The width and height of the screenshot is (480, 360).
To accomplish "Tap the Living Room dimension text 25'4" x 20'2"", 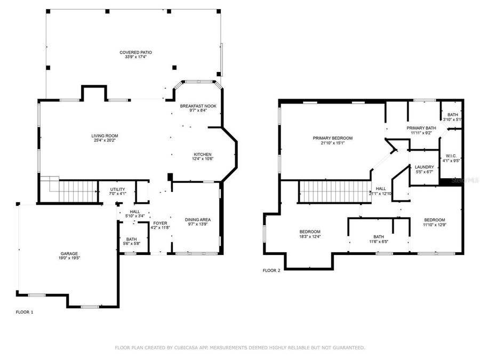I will [x=104, y=141].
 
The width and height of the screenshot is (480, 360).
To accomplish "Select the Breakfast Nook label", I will [x=198, y=106].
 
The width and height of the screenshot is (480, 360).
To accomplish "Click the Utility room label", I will [x=117, y=189].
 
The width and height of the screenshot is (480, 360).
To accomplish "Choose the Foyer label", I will [x=160, y=223].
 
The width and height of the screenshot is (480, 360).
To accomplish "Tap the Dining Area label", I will [x=198, y=220].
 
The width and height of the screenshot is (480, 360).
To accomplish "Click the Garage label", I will [x=69, y=253].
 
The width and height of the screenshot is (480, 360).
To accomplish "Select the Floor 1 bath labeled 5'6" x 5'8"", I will [x=131, y=239].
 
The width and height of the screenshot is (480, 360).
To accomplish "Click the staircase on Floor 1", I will [x=77, y=191].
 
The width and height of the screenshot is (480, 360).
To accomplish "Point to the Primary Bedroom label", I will [x=333, y=138].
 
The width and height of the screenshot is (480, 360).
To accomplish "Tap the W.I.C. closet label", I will [x=451, y=156].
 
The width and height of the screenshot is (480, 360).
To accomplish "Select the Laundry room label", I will [x=425, y=167].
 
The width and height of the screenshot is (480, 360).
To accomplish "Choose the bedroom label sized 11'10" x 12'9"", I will [x=435, y=220].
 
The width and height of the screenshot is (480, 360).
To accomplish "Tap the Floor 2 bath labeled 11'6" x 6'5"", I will [x=379, y=236].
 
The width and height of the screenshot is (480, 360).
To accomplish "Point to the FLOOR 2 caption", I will [x=271, y=270].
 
